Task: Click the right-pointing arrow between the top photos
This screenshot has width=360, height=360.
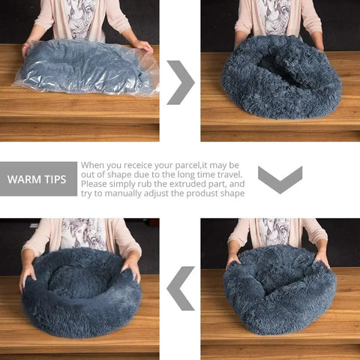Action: (x=181, y=82)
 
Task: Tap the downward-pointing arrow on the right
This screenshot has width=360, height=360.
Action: (x=280, y=179)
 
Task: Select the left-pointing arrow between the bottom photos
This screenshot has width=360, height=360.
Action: (x=180, y=288)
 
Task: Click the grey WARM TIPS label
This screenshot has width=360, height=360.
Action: (x=38, y=179)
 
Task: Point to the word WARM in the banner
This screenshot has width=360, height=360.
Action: (x=24, y=180)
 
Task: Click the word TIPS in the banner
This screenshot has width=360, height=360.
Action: (x=55, y=180)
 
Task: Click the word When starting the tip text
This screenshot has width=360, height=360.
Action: (x=94, y=165)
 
